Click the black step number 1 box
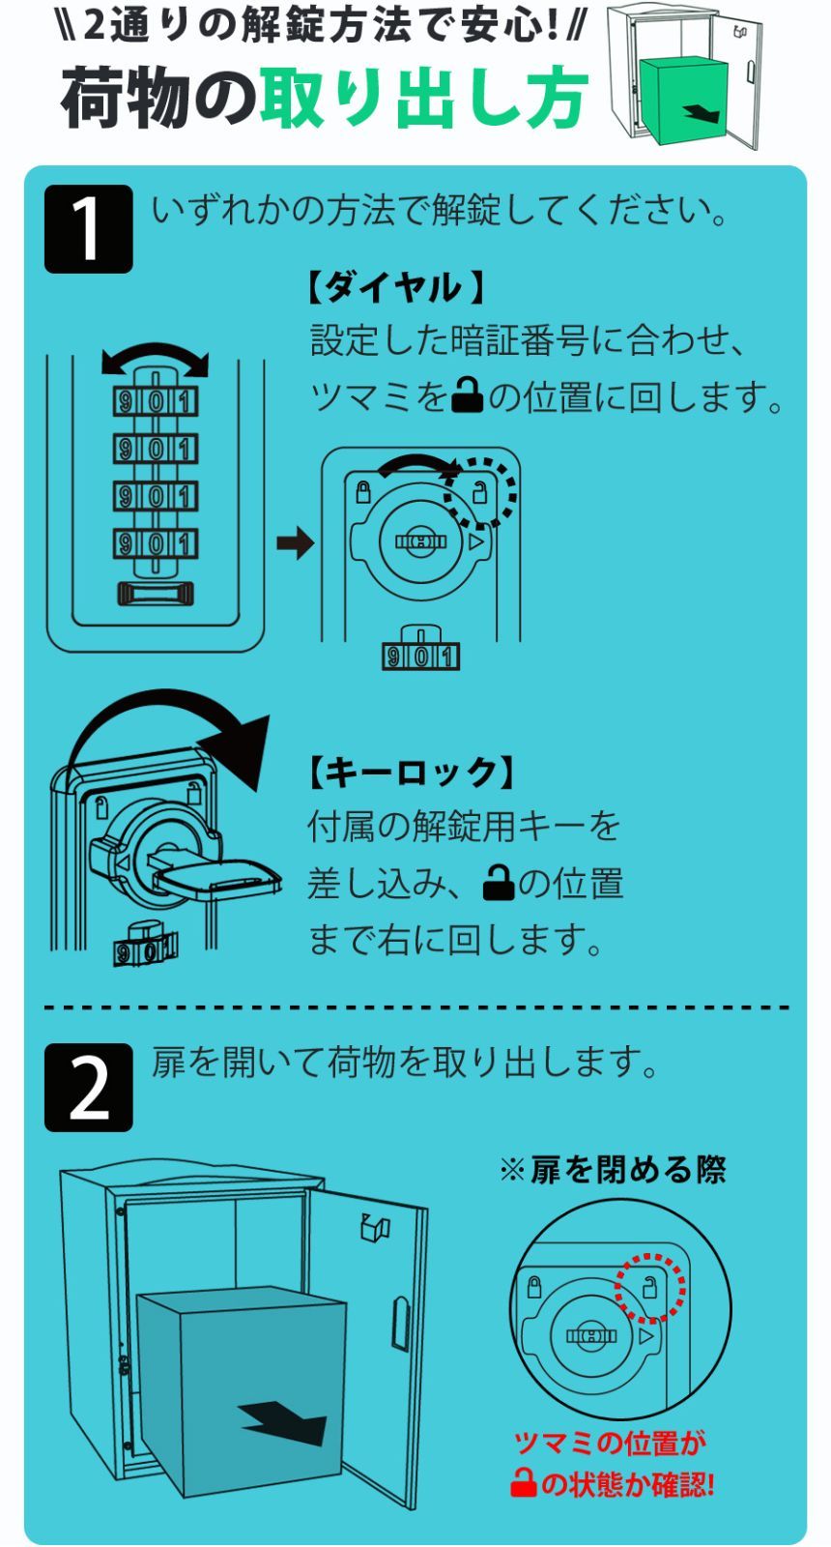point(88,229)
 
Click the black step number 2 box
point(88,1087)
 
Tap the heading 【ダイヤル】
point(396,287)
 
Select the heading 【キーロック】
point(410,771)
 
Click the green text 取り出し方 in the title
point(423,99)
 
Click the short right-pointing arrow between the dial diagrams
point(296,542)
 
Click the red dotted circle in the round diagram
point(650,1287)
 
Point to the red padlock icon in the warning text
point(523,1482)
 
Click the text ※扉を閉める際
point(612,1170)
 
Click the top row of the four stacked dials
point(155,400)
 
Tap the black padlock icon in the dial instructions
point(467,395)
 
